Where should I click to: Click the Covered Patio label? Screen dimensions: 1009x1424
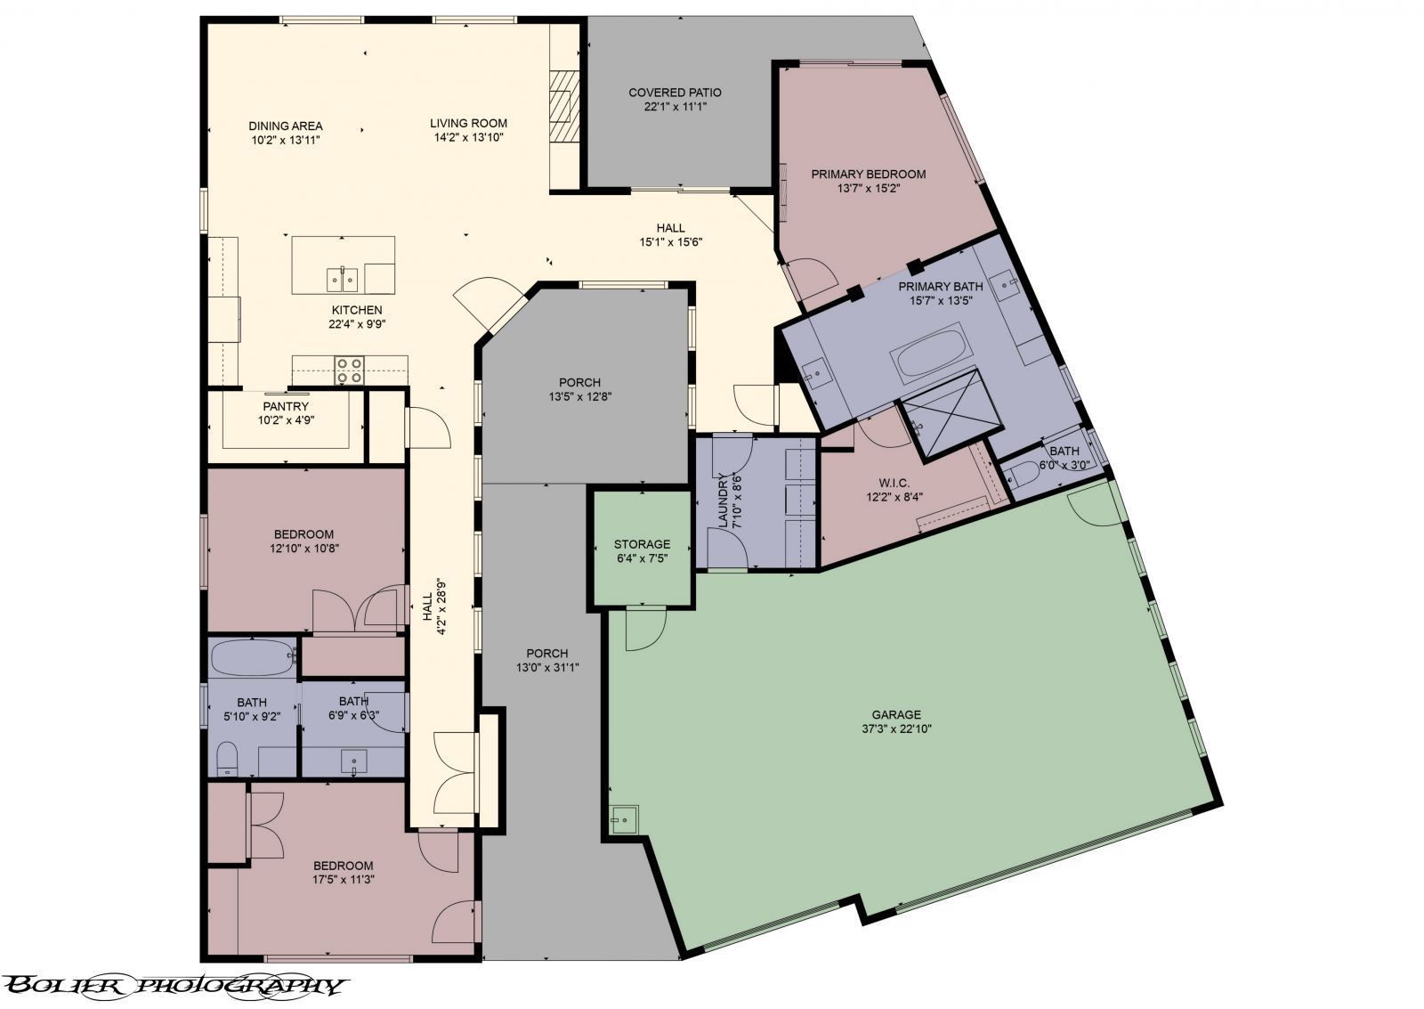674,93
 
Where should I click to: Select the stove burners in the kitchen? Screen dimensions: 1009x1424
348,370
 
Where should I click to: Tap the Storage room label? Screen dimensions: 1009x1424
642,544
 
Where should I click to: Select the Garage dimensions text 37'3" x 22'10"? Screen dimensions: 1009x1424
895,728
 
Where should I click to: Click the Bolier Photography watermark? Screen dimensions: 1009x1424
174,985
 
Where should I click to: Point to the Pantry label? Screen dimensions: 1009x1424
286,407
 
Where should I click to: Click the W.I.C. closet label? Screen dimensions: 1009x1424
887,483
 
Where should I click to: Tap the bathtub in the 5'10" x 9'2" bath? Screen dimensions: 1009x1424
253,659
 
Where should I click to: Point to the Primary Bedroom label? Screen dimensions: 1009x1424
868,175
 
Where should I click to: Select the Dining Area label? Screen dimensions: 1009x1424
286,126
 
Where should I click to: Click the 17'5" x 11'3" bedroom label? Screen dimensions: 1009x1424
343,866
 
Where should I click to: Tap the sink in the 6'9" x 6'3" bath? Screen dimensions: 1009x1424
353,761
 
